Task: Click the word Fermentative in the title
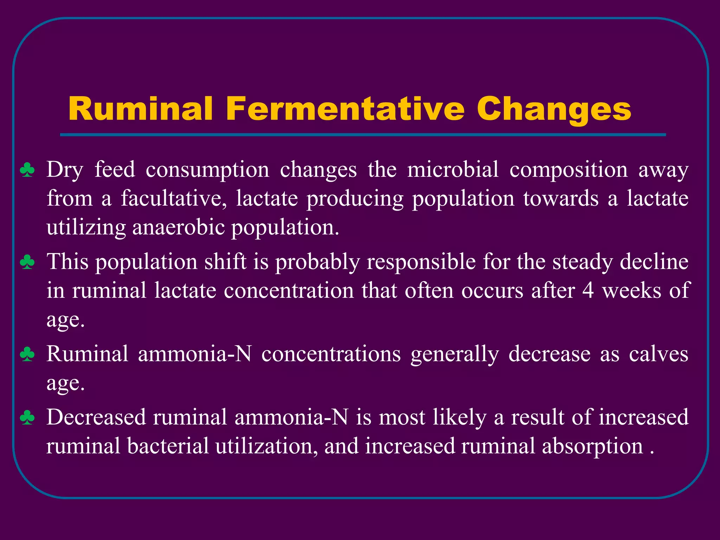click(x=346, y=109)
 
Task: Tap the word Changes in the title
click(x=554, y=110)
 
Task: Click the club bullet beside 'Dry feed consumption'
click(x=27, y=170)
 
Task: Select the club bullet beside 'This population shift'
click(x=27, y=262)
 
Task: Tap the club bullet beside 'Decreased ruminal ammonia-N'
click(x=27, y=418)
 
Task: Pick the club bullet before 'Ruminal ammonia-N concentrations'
click(x=27, y=354)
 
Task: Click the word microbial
click(x=453, y=169)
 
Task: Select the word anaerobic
click(x=179, y=227)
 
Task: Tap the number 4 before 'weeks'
click(x=588, y=291)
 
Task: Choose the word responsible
click(x=421, y=263)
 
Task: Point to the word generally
click(x=455, y=354)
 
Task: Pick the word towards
click(x=561, y=199)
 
